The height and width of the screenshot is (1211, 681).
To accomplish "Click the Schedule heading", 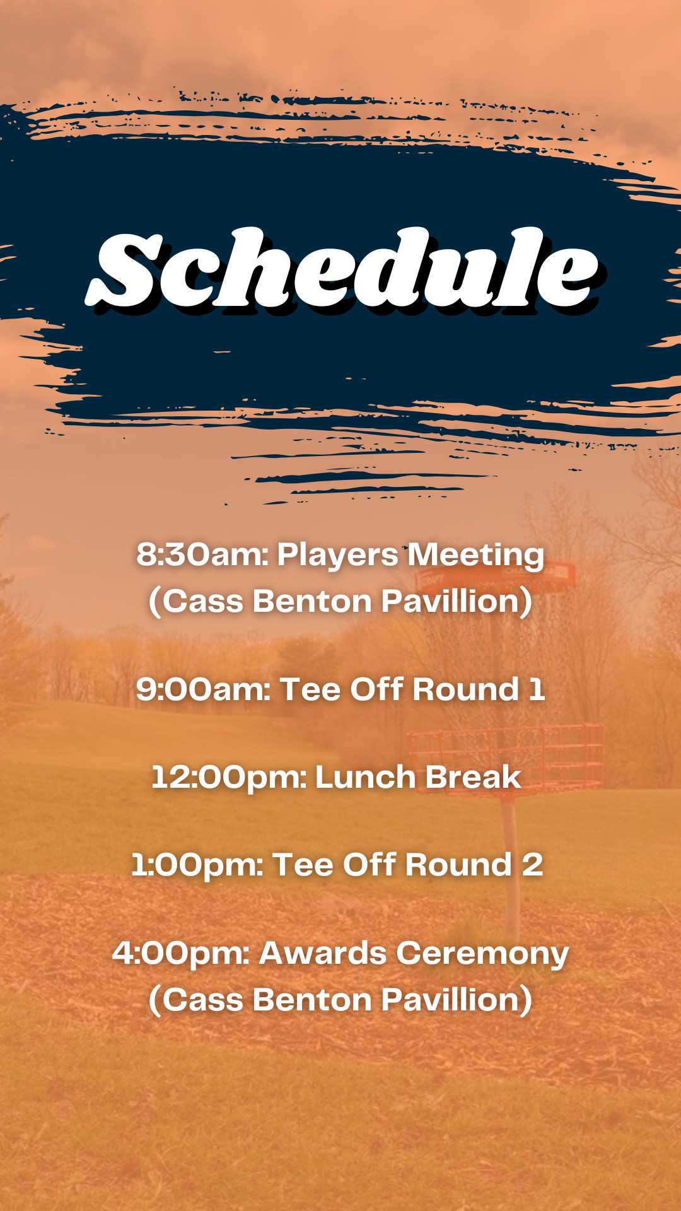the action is click(x=342, y=270).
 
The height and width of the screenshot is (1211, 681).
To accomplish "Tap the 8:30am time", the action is click(x=202, y=555).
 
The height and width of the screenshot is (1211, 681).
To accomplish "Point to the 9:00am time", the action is click(x=203, y=689).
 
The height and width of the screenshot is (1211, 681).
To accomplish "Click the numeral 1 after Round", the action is click(x=537, y=689).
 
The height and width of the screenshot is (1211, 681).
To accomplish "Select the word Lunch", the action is click(x=366, y=777).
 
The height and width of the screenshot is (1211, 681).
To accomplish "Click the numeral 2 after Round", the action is click(x=532, y=865).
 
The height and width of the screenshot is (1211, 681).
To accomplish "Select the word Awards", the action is click(x=323, y=953).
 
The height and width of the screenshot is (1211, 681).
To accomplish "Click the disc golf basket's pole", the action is click(x=511, y=870).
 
